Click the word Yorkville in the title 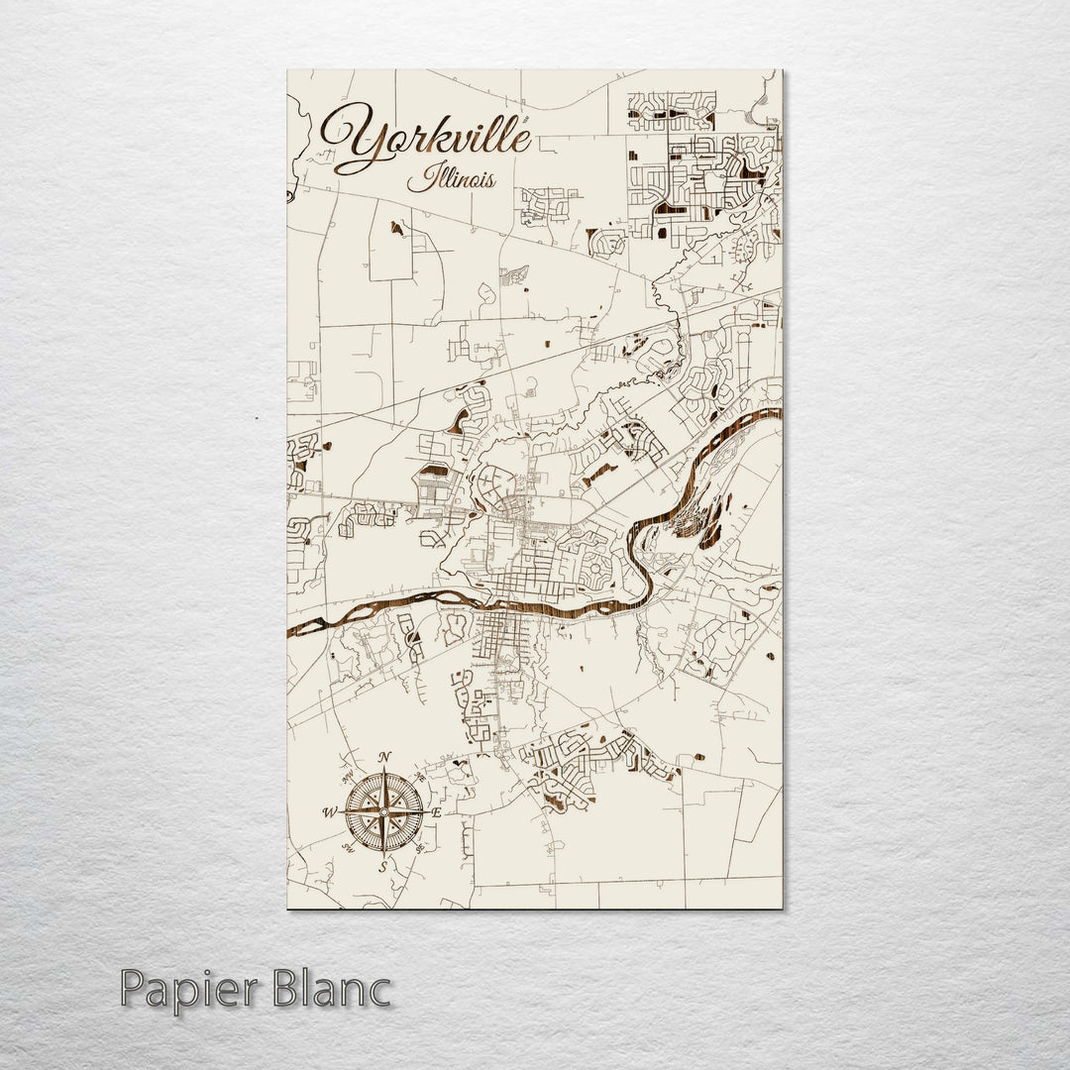coord(426,139)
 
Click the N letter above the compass coord(384,759)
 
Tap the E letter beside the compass coord(437,812)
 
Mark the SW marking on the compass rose coord(349,848)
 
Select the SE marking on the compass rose coord(420,849)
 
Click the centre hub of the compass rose coord(384,812)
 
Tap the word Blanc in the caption coord(335,989)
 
